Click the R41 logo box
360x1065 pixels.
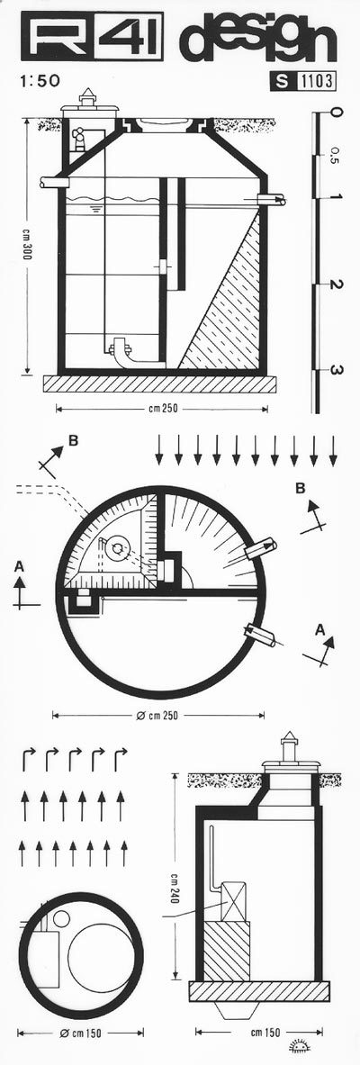click(91, 38)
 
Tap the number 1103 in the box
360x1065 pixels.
click(316, 83)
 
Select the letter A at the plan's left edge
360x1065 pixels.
click(18, 565)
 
